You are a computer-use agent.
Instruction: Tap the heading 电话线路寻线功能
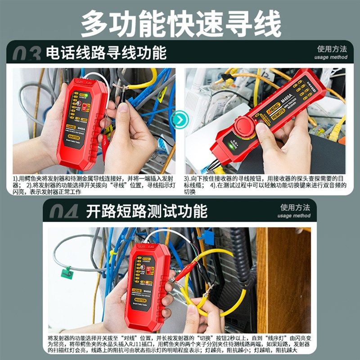click(x=106, y=53)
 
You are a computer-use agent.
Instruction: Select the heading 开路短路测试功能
click(x=146, y=211)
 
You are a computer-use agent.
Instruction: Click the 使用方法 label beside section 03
click(x=332, y=49)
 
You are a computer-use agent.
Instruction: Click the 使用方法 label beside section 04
click(x=295, y=207)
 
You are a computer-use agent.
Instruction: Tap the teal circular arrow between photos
click(x=180, y=120)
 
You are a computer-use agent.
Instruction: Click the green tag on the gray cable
click(x=67, y=272)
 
